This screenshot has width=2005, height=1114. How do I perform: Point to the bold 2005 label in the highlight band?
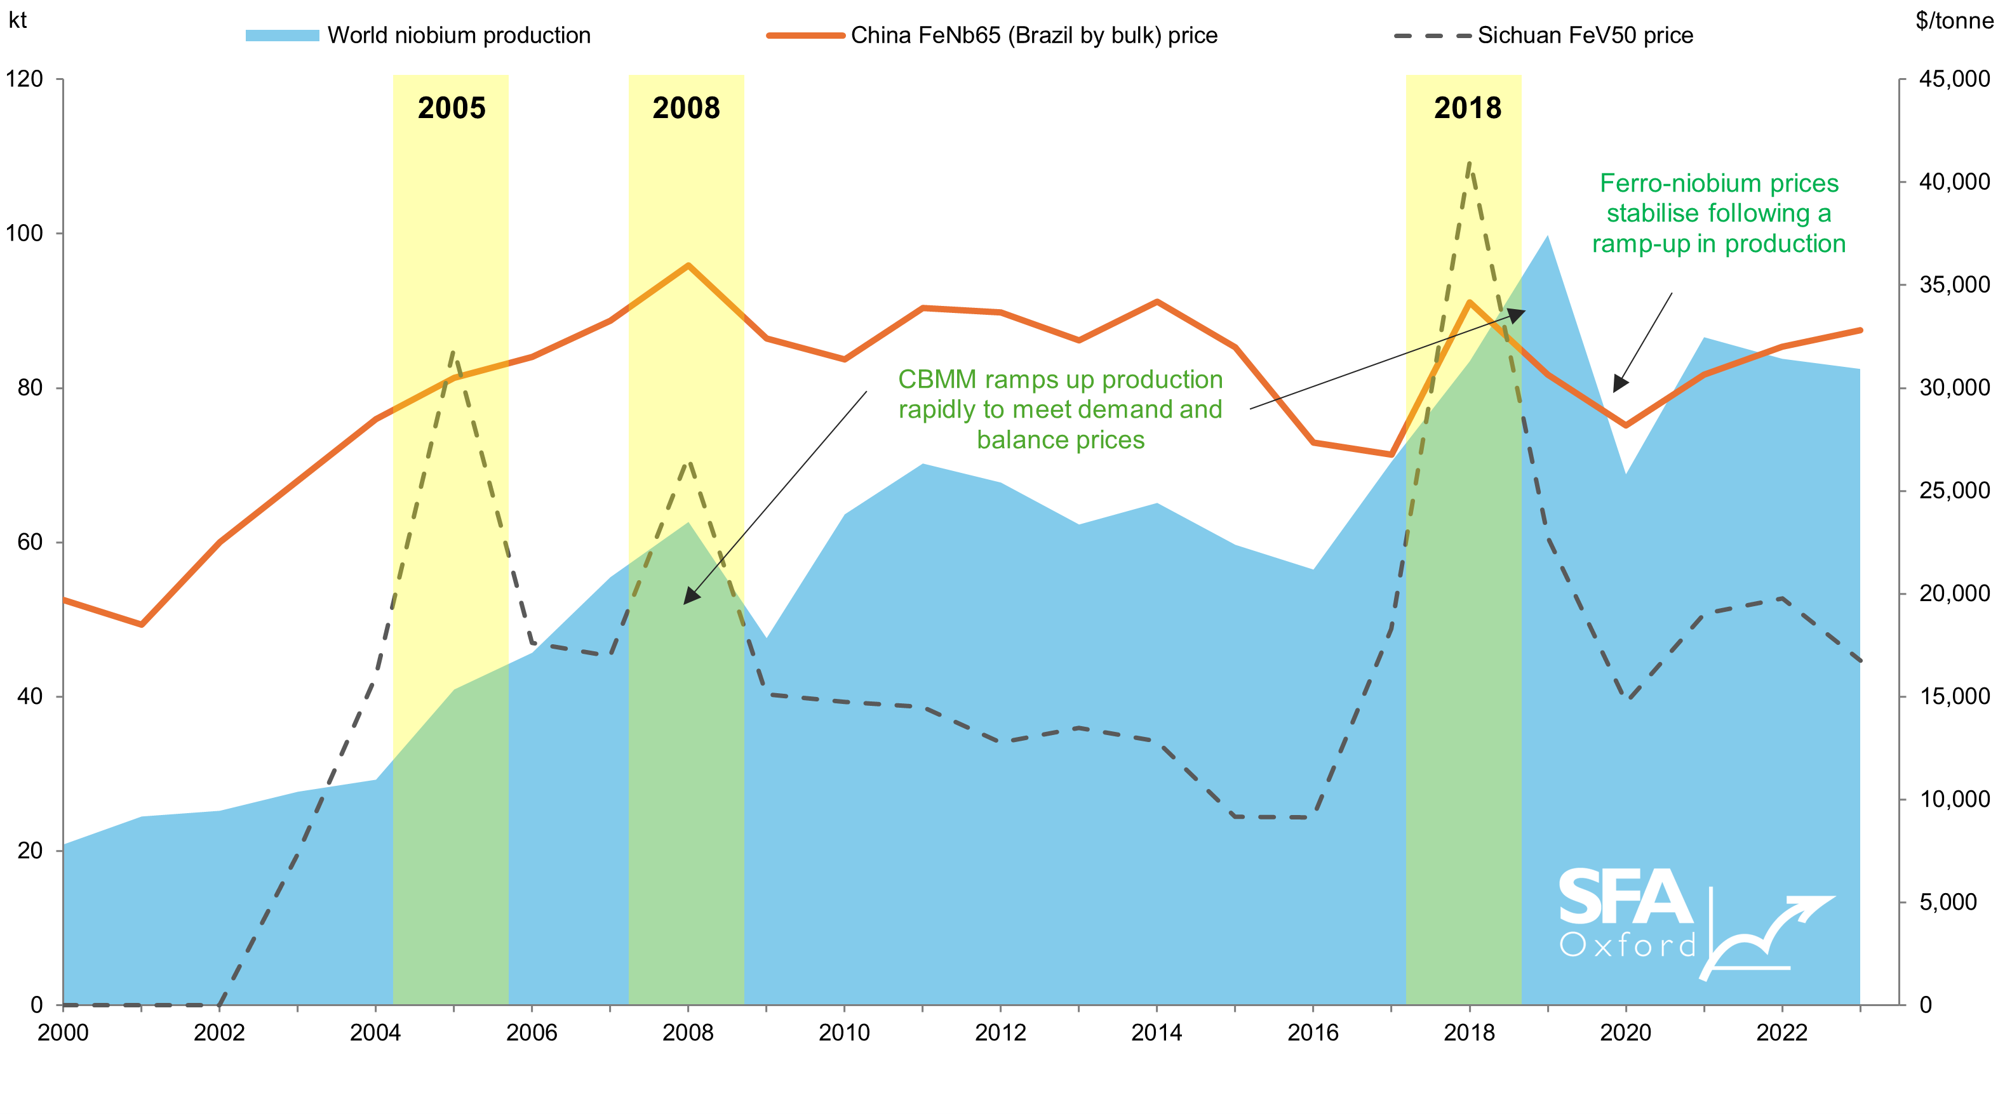(452, 108)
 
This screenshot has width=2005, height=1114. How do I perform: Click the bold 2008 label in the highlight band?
(686, 108)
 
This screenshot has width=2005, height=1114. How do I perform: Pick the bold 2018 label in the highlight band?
(1467, 108)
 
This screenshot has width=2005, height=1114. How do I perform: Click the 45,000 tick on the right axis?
(1954, 79)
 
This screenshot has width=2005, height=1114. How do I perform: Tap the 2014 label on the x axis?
(1157, 1032)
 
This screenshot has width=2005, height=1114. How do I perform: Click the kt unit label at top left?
(17, 20)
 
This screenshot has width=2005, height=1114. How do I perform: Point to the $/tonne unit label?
(1954, 20)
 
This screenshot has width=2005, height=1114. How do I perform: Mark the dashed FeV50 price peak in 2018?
(1469, 163)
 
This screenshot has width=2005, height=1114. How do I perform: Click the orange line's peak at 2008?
(688, 265)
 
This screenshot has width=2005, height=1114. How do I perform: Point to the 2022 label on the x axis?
(1781, 1032)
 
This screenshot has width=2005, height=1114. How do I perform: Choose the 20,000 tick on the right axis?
(1954, 593)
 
